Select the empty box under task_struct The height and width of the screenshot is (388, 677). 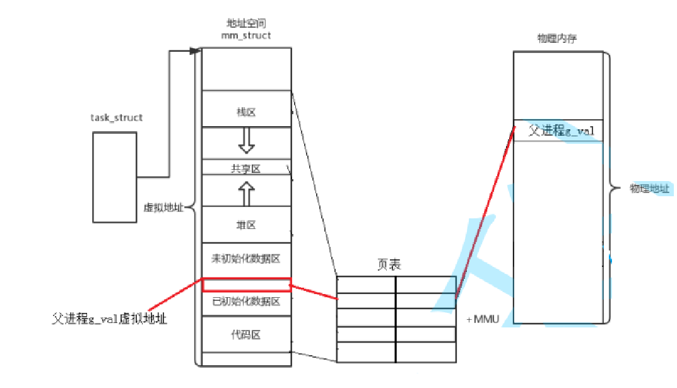(x=114, y=177)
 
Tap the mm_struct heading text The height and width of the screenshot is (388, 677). (x=246, y=35)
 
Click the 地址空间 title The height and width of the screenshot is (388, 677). (x=246, y=25)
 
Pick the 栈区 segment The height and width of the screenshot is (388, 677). (x=246, y=112)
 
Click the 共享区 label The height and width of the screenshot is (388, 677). (x=246, y=168)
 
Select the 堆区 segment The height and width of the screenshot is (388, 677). (x=246, y=225)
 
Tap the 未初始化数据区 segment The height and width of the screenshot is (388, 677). (x=246, y=259)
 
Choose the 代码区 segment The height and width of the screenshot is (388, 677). (x=246, y=335)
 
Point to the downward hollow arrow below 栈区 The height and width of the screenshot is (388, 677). (x=246, y=141)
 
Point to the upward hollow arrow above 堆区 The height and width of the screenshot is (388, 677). (x=246, y=194)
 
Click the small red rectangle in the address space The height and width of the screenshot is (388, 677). (x=246, y=285)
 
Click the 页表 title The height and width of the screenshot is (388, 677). (x=389, y=266)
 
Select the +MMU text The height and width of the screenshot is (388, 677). (x=483, y=320)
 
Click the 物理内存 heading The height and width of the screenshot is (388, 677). (x=555, y=39)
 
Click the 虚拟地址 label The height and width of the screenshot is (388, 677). (x=163, y=209)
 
